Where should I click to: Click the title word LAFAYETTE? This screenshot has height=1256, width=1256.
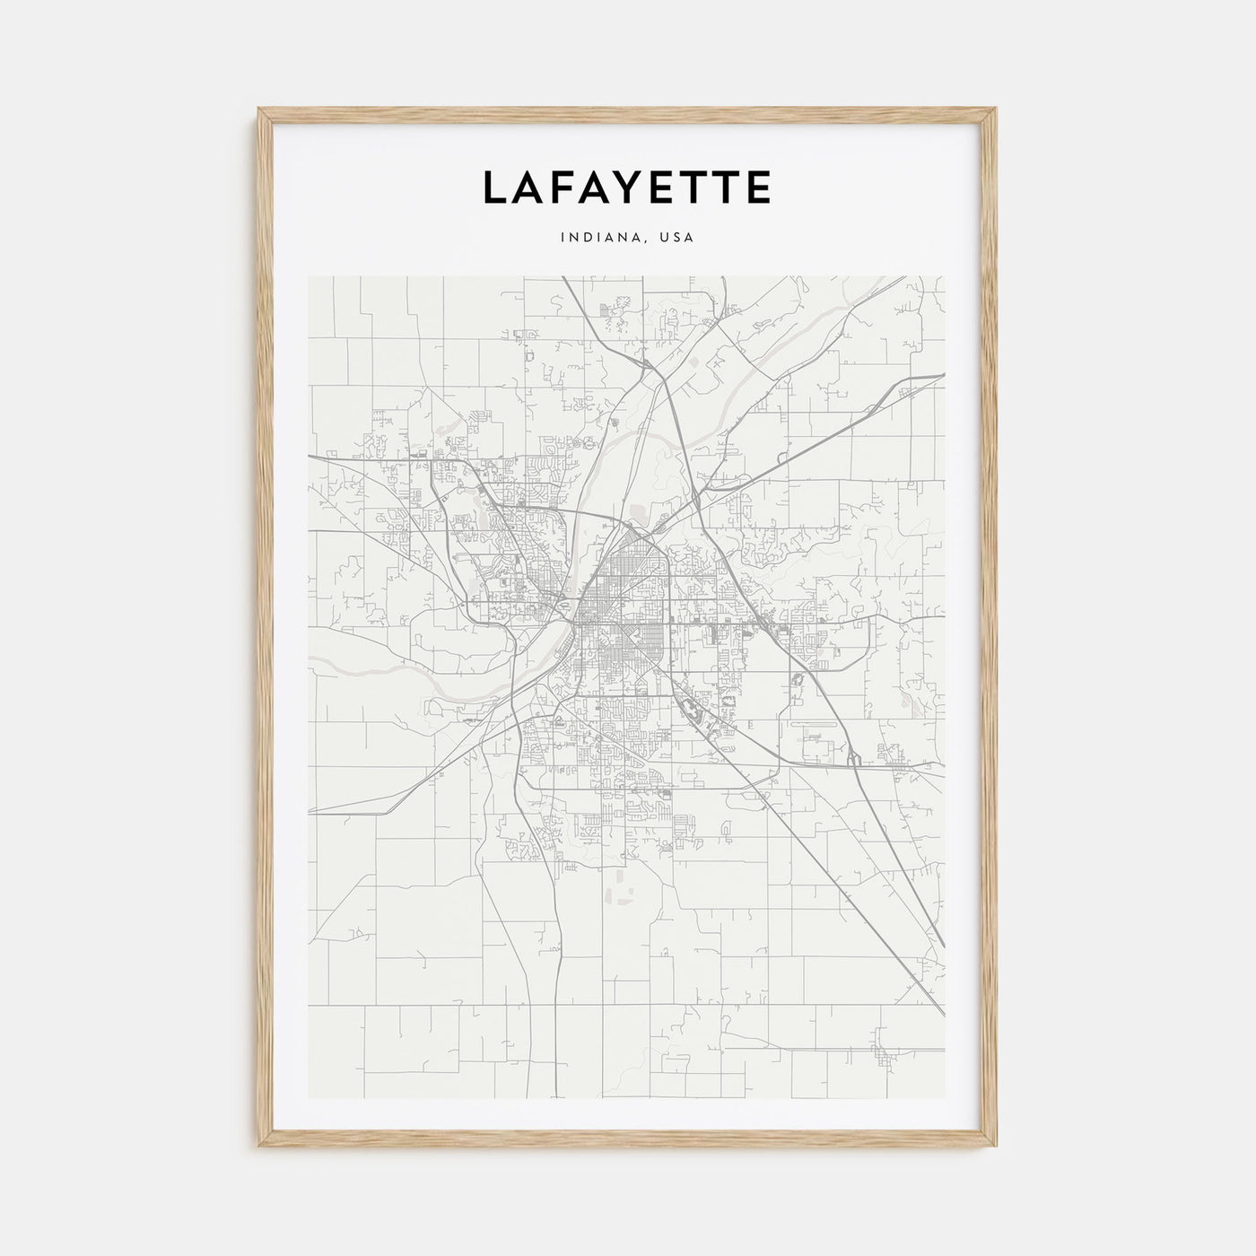point(627,187)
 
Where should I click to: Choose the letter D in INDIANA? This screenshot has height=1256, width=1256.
point(584,238)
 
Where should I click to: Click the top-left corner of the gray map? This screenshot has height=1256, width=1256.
point(309,276)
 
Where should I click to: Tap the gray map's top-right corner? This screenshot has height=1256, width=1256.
point(946,276)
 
